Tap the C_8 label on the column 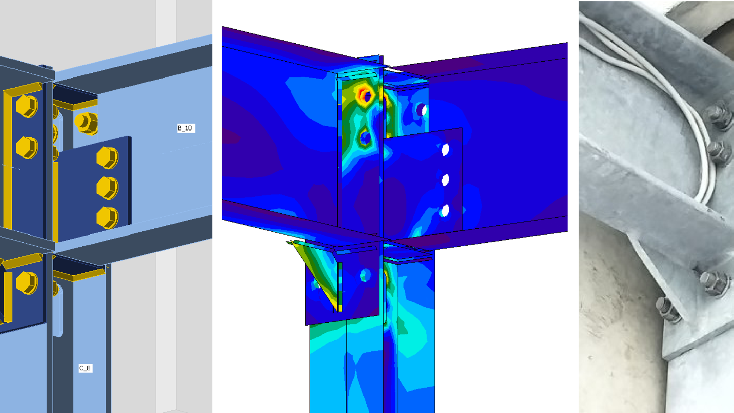pyautogui.click(x=86, y=368)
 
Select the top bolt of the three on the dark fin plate pyautogui.click(x=107, y=158)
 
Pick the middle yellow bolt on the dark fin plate pyautogui.click(x=107, y=188)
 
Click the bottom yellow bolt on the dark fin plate pyautogui.click(x=107, y=217)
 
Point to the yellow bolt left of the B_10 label pyautogui.click(x=86, y=123)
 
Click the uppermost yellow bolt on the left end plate pyautogui.click(x=27, y=106)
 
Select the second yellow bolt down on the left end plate pyautogui.click(x=27, y=148)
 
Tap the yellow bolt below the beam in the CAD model pyautogui.click(x=27, y=283)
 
